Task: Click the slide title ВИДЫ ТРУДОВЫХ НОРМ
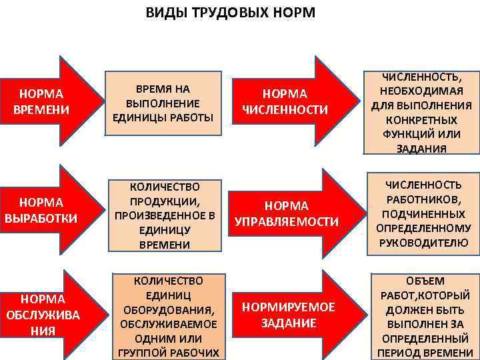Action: [x=231, y=13]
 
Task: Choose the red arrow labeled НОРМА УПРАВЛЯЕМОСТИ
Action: [x=287, y=213]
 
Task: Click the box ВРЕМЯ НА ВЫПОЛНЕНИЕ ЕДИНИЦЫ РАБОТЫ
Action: [x=163, y=103]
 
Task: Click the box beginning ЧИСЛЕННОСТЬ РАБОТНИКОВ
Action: [x=424, y=213]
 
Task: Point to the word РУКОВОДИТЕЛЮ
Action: [x=425, y=243]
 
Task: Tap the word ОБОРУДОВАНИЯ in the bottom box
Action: [x=168, y=310]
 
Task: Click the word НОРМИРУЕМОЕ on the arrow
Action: [x=289, y=307]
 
